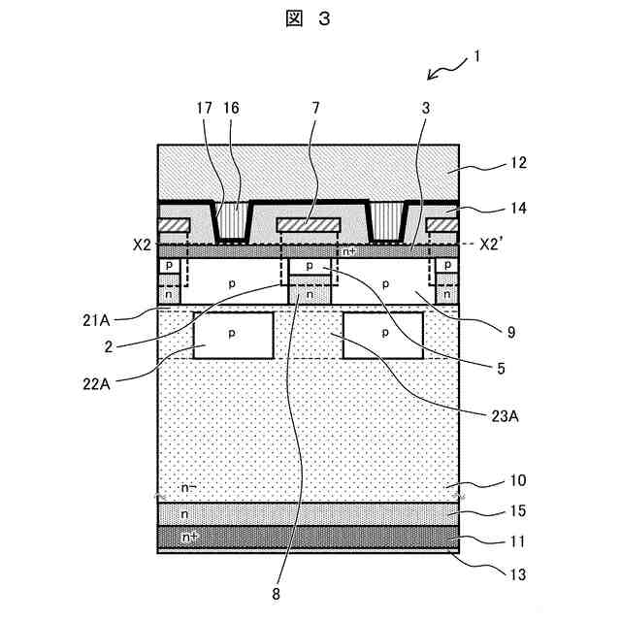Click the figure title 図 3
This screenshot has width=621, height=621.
click(x=310, y=22)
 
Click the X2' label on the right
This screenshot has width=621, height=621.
click(x=496, y=245)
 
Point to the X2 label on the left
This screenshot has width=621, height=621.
click(x=143, y=245)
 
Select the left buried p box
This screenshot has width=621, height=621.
click(x=233, y=336)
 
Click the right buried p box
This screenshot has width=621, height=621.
click(x=384, y=336)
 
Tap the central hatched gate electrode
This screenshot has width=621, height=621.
click(x=309, y=225)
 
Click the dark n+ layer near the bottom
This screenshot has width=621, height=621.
click(x=309, y=536)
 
